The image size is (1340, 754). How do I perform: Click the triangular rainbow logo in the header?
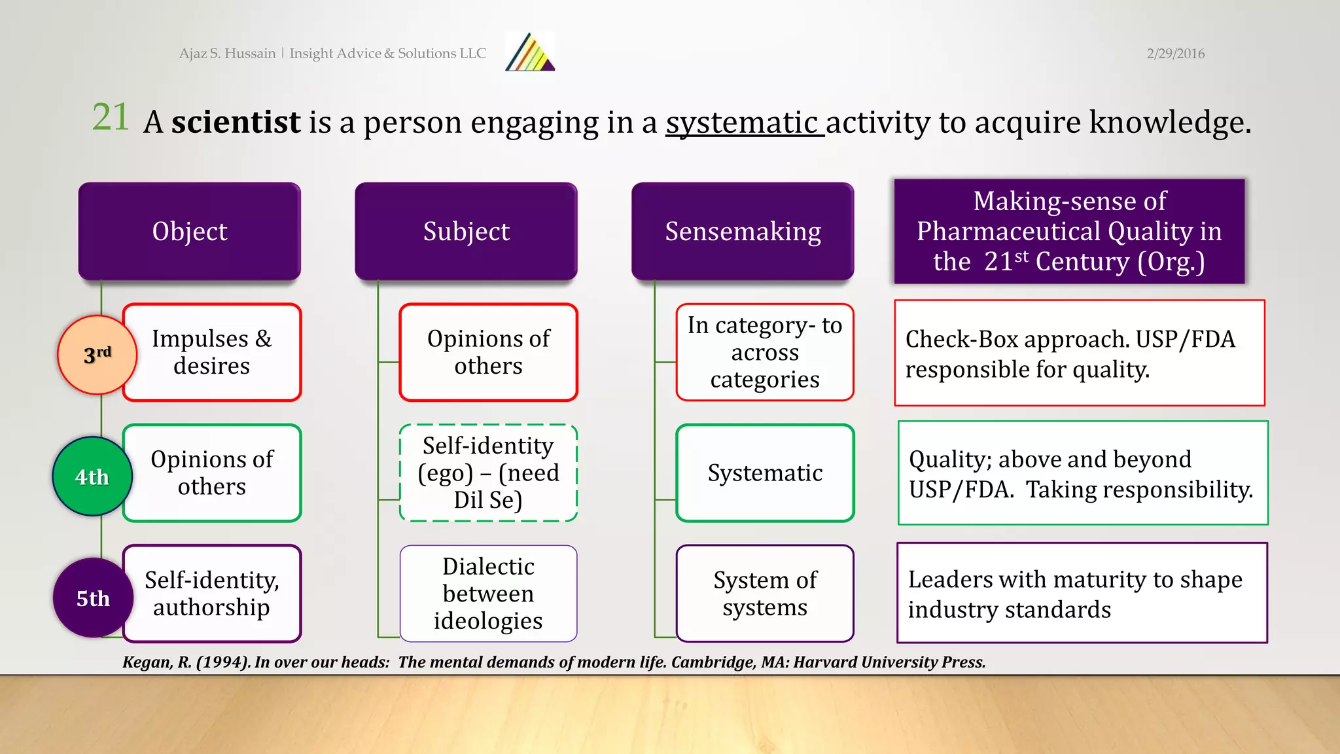pos(531,53)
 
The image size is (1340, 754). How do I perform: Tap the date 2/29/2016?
pos(1175,54)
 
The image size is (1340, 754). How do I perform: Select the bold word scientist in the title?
pos(236,122)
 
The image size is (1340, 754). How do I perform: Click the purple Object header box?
pos(190,231)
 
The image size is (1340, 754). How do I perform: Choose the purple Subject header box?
pos(466,231)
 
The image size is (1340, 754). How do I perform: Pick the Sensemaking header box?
pos(743,231)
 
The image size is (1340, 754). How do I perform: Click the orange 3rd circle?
pos(97,355)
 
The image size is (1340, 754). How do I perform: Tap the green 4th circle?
pos(92,476)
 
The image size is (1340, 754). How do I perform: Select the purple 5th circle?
pos(93,598)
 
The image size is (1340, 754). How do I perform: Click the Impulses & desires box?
pos(212,352)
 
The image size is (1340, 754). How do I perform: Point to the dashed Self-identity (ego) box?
pos(488,473)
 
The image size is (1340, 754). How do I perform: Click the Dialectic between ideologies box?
pos(488,594)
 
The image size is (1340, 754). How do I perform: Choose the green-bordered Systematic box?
pos(765,473)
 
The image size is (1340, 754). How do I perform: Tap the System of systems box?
pos(765,594)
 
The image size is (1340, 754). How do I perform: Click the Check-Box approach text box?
pos(1079,353)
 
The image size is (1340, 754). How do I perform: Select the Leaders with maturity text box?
pos(1082,593)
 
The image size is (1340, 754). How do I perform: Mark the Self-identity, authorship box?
pos(212,594)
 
